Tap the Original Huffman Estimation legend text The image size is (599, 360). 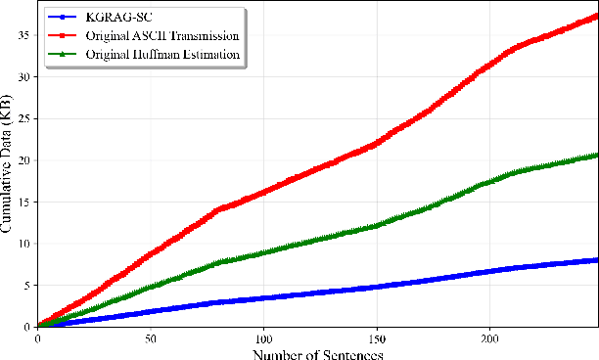click(x=162, y=54)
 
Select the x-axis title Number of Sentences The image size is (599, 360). click(x=317, y=351)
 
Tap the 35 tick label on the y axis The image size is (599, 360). click(x=25, y=34)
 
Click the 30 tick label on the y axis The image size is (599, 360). click(x=25, y=76)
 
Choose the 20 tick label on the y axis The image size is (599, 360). click(x=25, y=159)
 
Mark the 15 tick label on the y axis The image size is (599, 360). click(x=25, y=202)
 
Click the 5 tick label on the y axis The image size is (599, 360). click(x=29, y=285)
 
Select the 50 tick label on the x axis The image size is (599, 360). click(x=150, y=337)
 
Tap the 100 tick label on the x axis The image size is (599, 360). click(x=262, y=337)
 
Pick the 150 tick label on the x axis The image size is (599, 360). click(x=376, y=337)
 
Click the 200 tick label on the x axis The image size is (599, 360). click(x=488, y=337)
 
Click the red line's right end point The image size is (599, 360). click(x=596, y=16)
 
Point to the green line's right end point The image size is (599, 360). click(x=596, y=155)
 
